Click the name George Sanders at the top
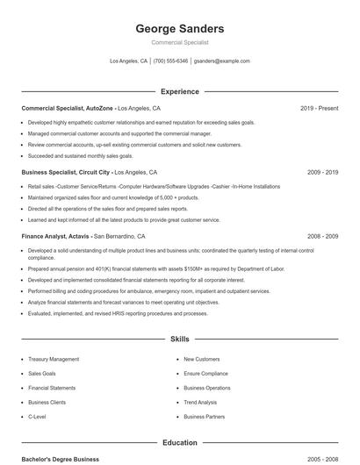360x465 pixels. tap(179, 28)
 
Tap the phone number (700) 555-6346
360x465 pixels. tap(170, 61)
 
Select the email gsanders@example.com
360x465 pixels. tap(221, 61)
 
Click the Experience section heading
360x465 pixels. tap(179, 91)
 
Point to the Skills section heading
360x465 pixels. tap(179, 339)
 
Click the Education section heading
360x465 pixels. tap(179, 443)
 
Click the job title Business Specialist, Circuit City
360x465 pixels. tap(66, 173)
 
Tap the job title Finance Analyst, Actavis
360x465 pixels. tap(56, 236)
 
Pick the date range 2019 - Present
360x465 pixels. tap(319, 108)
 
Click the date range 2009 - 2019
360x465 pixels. tap(322, 173)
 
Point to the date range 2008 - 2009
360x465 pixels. tap(322, 236)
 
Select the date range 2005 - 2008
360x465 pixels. tap(322, 459)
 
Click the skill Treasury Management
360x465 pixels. tap(54, 359)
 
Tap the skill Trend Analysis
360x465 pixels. tap(200, 402)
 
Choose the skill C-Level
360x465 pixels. tap(37, 416)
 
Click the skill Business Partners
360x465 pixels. tap(204, 416)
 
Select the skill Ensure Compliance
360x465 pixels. tap(205, 373)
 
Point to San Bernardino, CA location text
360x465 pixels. tap(119, 236)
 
